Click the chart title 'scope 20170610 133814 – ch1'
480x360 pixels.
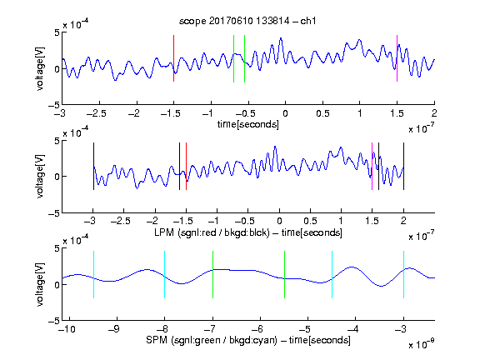point(247,21)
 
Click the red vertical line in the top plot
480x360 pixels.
point(173,58)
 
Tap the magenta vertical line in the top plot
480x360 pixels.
point(397,58)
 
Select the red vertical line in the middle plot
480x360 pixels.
point(186,166)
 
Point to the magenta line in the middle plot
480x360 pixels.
point(372,166)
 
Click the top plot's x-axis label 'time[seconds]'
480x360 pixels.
point(248,124)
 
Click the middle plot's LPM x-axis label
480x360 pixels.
point(248,232)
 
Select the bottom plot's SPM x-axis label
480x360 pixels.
point(248,340)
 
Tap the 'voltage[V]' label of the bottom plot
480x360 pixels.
point(40,284)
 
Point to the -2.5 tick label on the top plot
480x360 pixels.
point(97,113)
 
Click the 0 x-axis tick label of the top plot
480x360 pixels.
point(285,113)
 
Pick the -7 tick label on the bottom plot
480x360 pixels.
point(210,329)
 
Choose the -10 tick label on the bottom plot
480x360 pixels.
point(67,329)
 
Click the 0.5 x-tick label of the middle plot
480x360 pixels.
point(310,221)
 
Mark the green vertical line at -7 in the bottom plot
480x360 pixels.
point(212,275)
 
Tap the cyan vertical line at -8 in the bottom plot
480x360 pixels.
point(165,275)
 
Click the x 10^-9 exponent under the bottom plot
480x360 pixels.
point(421,343)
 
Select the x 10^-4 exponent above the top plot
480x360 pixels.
point(76,24)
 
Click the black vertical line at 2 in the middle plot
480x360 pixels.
point(403,166)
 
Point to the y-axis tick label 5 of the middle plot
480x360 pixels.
point(57,141)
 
